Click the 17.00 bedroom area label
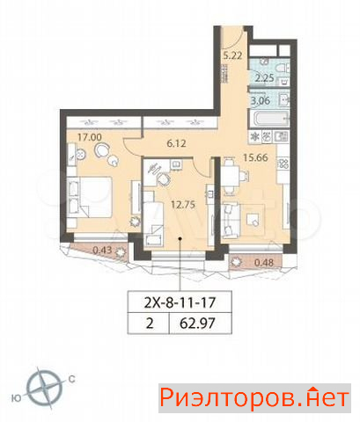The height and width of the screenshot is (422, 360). [x=89, y=137]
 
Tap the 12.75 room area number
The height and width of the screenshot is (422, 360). [x=183, y=204]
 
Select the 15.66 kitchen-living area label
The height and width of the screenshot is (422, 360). [x=255, y=157]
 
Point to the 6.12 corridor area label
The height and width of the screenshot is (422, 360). [x=176, y=143]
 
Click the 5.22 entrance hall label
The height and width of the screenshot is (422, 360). [x=232, y=55]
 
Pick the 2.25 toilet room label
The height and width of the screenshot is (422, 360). [x=264, y=78]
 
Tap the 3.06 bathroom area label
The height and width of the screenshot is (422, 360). [x=261, y=101]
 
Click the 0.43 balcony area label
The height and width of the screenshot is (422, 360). [x=102, y=250]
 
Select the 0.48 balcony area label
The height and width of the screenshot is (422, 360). [x=264, y=262]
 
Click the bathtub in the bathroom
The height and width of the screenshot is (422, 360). [x=269, y=119]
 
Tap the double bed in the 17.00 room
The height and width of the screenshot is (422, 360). [x=90, y=197]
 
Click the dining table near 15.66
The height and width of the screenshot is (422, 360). [x=231, y=176]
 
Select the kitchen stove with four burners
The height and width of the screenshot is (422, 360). [x=283, y=164]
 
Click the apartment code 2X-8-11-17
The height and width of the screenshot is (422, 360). [x=180, y=302]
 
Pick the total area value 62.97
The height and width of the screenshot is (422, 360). [x=197, y=324]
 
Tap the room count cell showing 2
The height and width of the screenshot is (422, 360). [x=150, y=324]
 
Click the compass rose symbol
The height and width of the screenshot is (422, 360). [x=44, y=388]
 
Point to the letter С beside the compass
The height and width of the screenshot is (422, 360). [x=71, y=379]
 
